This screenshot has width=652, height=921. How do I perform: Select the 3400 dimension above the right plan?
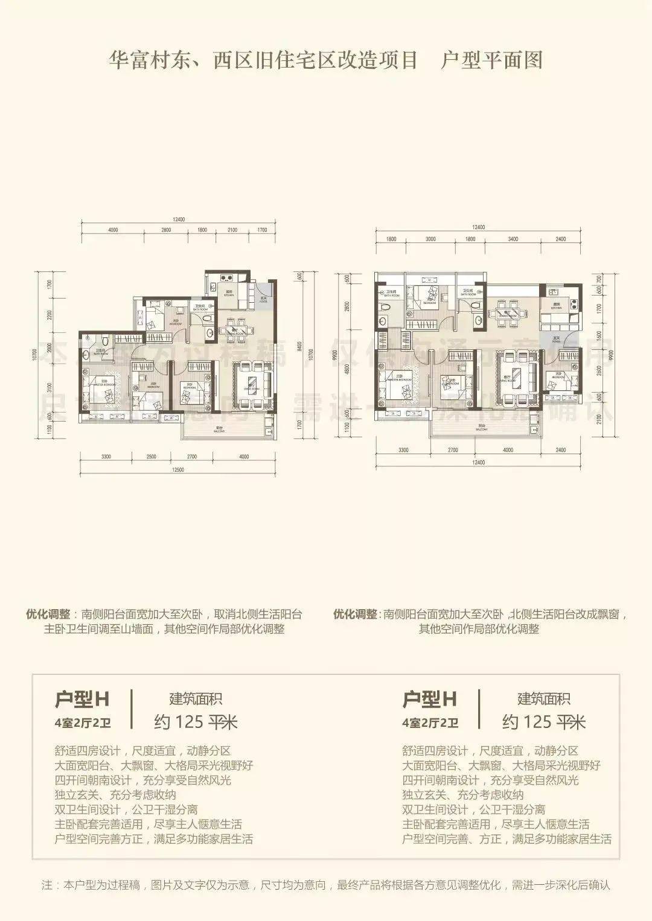pyautogui.click(x=513, y=239)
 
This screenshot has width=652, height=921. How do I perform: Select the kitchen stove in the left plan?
pyautogui.click(x=228, y=278)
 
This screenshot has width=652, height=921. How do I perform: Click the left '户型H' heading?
pyautogui.click(x=81, y=699)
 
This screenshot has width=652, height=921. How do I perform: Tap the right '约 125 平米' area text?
pyautogui.click(x=544, y=722)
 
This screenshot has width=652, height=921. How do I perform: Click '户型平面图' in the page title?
pyautogui.click(x=491, y=60)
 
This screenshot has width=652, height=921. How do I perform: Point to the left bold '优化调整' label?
pyautogui.click(x=48, y=615)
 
